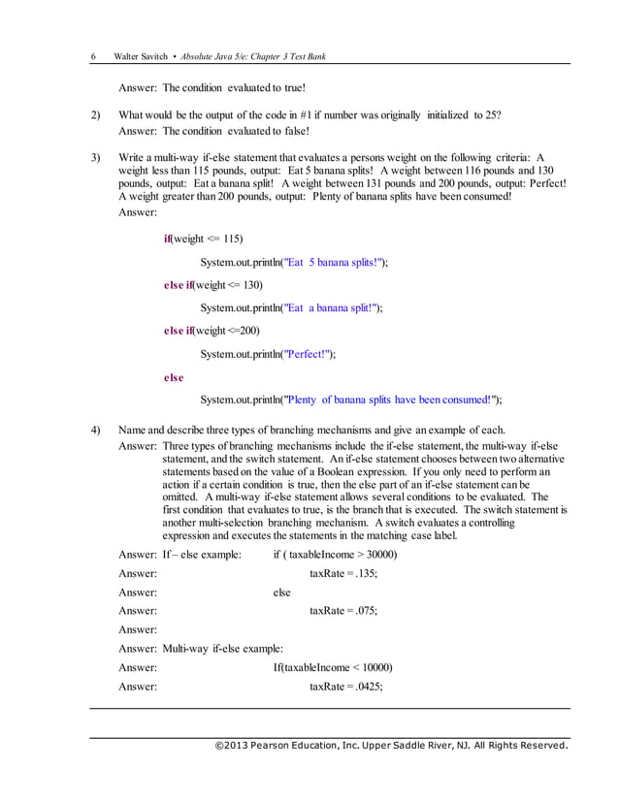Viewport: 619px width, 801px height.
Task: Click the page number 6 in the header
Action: (x=93, y=56)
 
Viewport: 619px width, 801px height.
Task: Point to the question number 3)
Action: (x=95, y=156)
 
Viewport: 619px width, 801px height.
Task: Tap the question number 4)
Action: (x=95, y=430)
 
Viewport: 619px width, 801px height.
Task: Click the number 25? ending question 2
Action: (x=491, y=114)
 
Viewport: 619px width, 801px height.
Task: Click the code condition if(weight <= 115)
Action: (x=203, y=239)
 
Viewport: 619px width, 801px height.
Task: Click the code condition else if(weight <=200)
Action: (x=212, y=331)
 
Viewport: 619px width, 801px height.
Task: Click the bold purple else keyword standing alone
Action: (x=174, y=377)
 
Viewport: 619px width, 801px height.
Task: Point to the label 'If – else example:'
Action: (x=202, y=554)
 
